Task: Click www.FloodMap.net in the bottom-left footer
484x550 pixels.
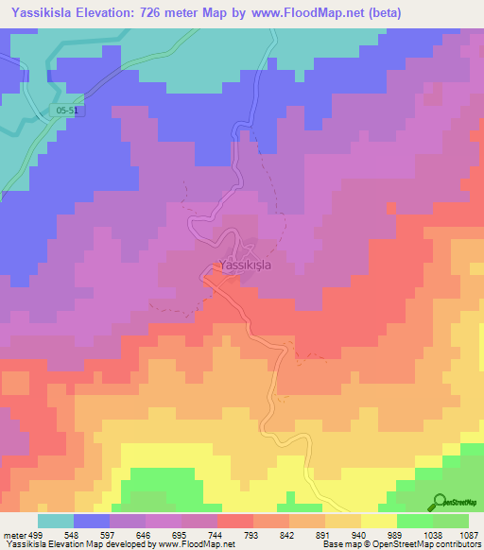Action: (x=199, y=545)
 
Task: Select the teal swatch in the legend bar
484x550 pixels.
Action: (x=56, y=521)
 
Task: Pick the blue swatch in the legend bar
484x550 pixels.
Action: (x=92, y=521)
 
